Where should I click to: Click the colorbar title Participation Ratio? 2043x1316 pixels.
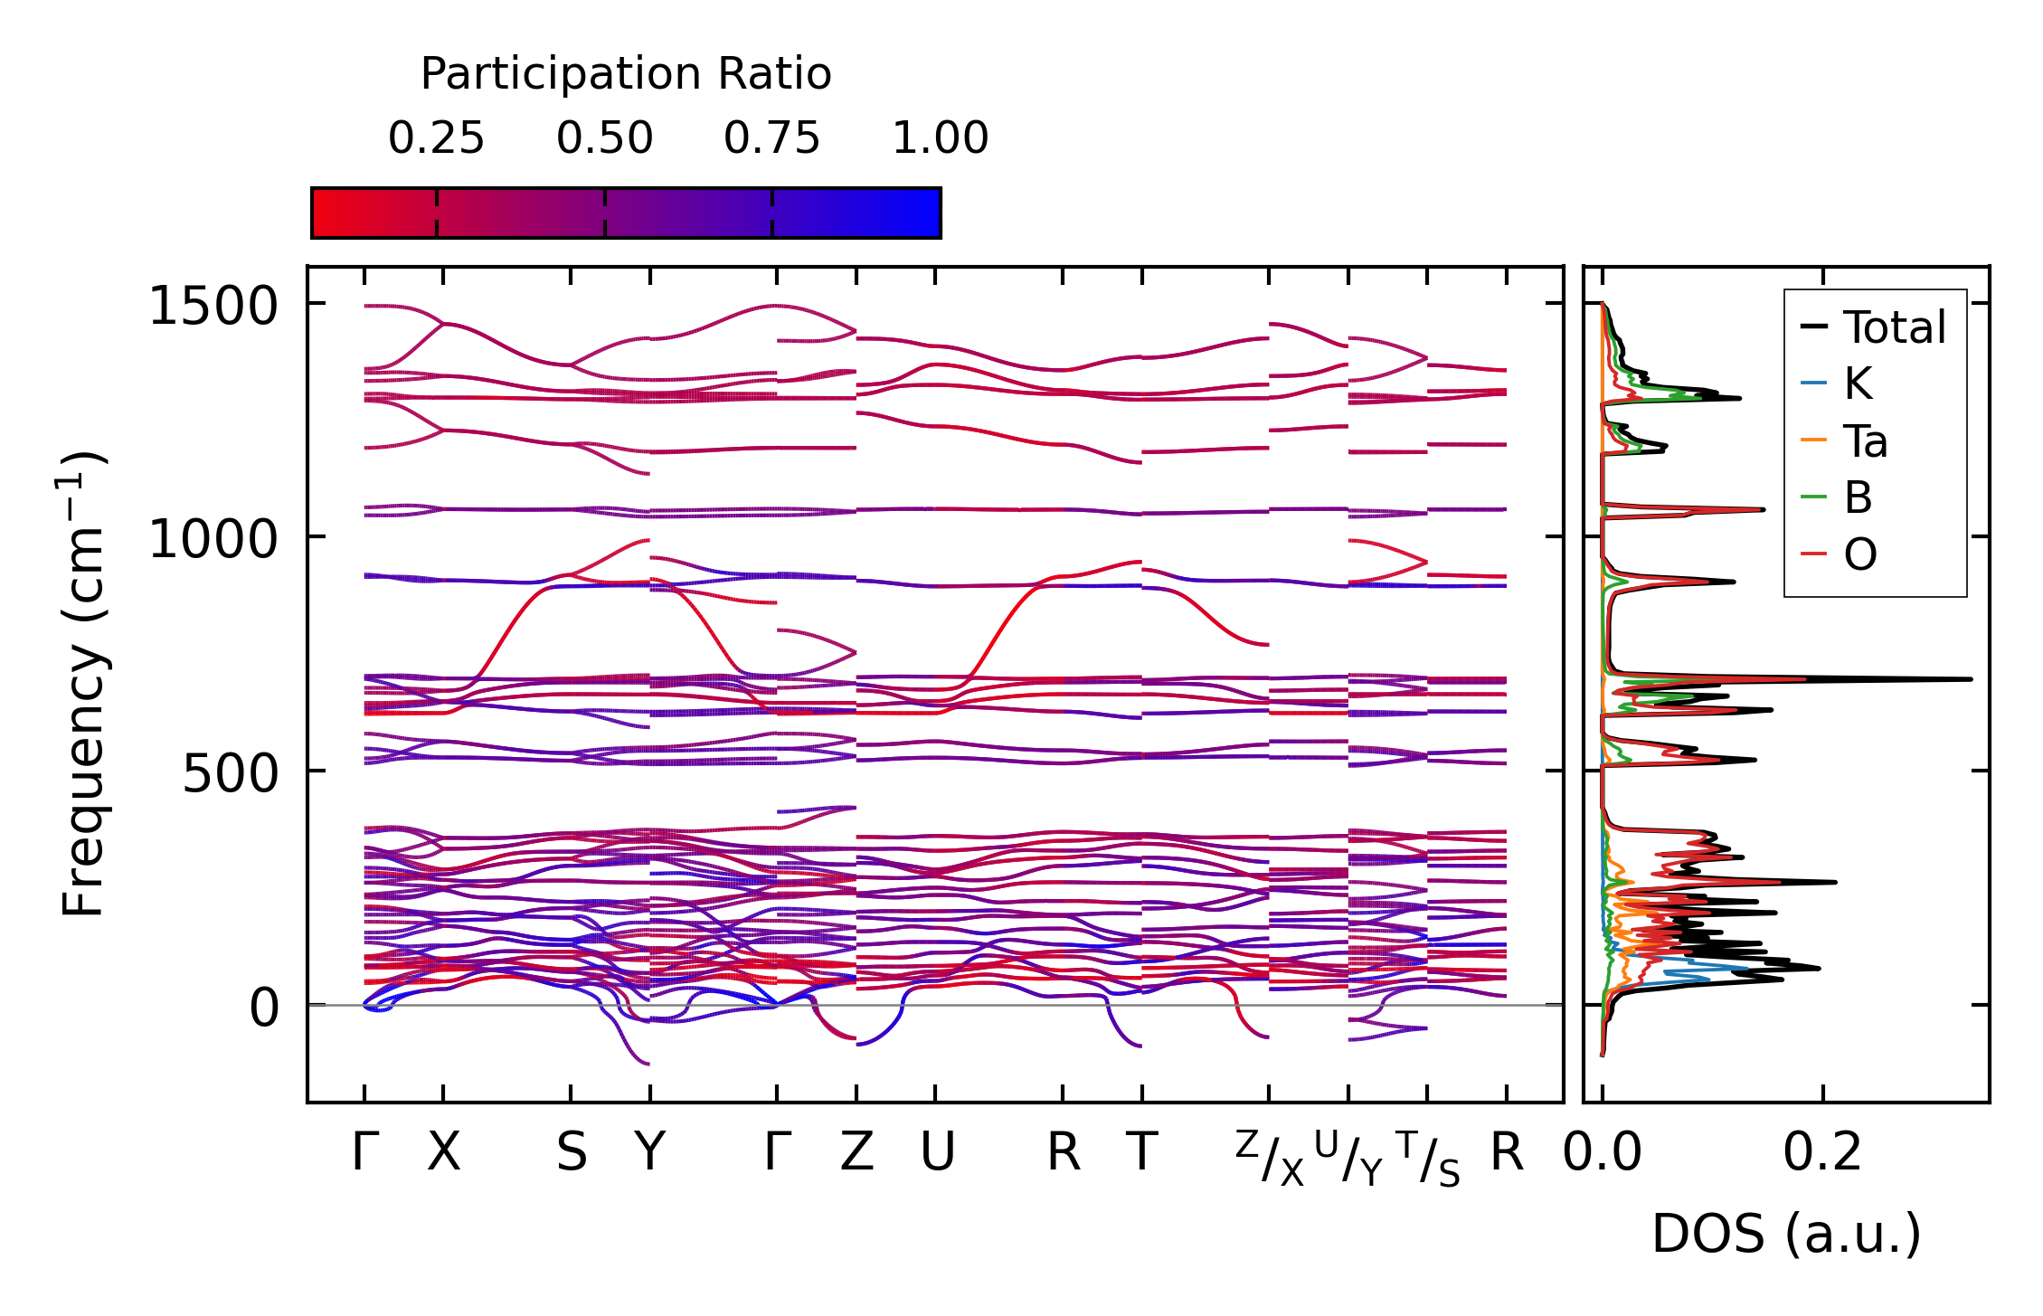tap(626, 74)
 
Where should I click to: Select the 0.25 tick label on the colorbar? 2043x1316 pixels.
tap(436, 138)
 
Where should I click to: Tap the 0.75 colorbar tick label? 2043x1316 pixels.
tap(771, 138)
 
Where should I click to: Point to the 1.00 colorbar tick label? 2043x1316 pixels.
tap(940, 138)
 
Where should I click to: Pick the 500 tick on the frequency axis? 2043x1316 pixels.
tap(230, 773)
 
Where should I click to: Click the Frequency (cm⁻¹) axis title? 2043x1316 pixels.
tap(83, 685)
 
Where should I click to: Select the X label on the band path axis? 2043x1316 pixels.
tap(443, 1153)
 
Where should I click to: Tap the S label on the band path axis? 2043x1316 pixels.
tap(571, 1153)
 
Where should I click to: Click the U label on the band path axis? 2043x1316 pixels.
tap(937, 1153)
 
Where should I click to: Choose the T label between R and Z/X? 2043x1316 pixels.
tap(1142, 1153)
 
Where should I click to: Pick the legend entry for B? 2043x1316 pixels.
tap(1858, 497)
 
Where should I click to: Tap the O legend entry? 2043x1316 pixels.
tap(1860, 554)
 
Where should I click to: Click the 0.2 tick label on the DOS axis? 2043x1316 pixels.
tap(1822, 1153)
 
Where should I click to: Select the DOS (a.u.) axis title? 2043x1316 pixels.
tap(1786, 1234)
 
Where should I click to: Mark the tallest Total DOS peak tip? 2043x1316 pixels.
tap(1971, 678)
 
